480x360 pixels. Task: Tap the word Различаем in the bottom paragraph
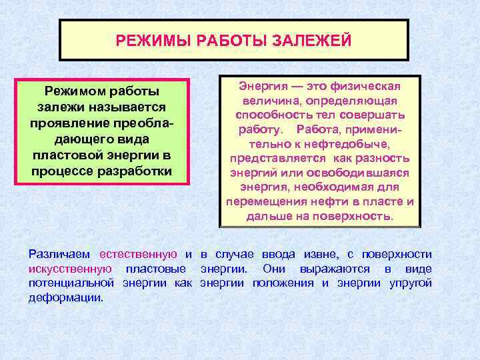61,254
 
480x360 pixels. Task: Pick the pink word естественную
138,254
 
